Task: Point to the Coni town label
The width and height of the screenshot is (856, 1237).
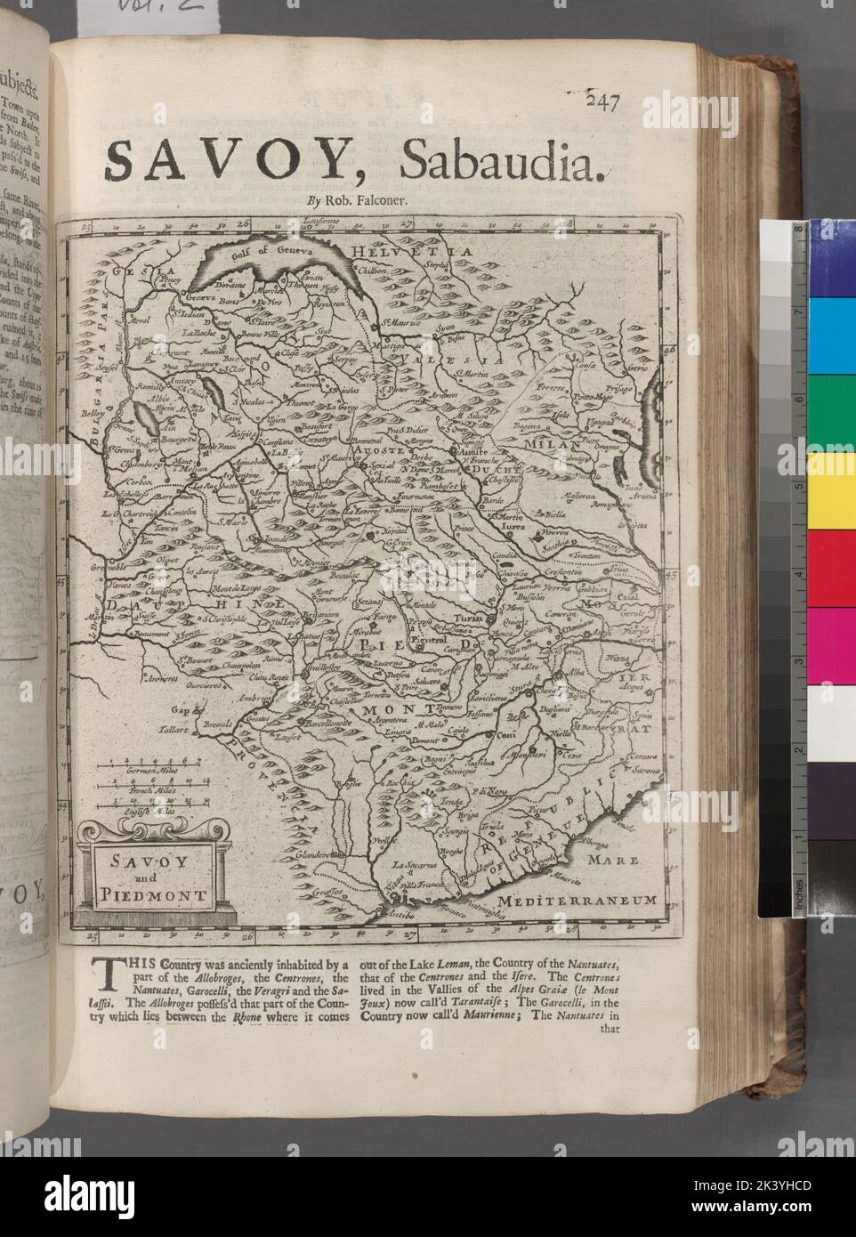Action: click(x=506, y=735)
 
